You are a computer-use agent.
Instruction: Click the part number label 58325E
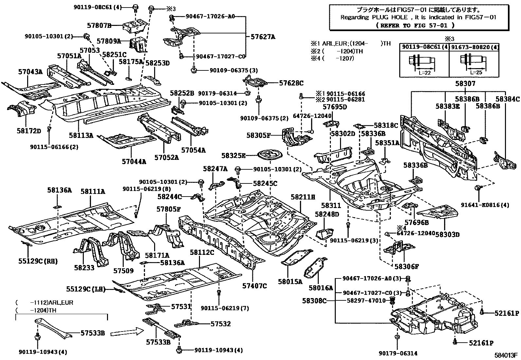(x=233, y=156)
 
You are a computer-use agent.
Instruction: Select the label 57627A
(x=263, y=37)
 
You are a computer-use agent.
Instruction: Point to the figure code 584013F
(x=506, y=355)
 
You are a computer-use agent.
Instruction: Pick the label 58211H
(x=303, y=197)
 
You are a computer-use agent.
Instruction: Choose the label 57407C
(x=254, y=286)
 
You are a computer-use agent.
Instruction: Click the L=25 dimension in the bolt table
(x=476, y=72)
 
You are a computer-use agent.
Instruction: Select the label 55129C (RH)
(x=38, y=261)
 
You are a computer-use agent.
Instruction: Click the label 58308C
(x=314, y=300)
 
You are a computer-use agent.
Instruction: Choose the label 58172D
(x=29, y=131)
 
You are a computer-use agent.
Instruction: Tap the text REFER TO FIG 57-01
(x=415, y=25)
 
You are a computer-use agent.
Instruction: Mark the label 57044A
(x=134, y=161)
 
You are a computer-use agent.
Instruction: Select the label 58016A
(x=321, y=288)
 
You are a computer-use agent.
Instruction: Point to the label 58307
(x=465, y=84)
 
